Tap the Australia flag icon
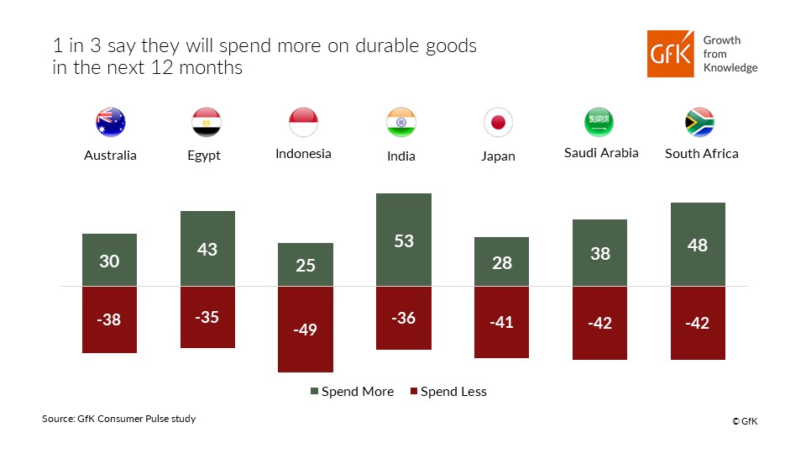[110, 123]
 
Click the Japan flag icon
[498, 123]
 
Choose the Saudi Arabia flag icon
[599, 123]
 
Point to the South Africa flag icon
[699, 123]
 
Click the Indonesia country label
[303, 154]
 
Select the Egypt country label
[204, 156]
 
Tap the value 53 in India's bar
[404, 241]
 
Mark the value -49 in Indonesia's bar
[306, 330]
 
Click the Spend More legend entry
[353, 392]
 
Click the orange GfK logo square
[670, 54]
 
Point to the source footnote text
[118, 419]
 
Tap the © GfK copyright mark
[744, 421]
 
